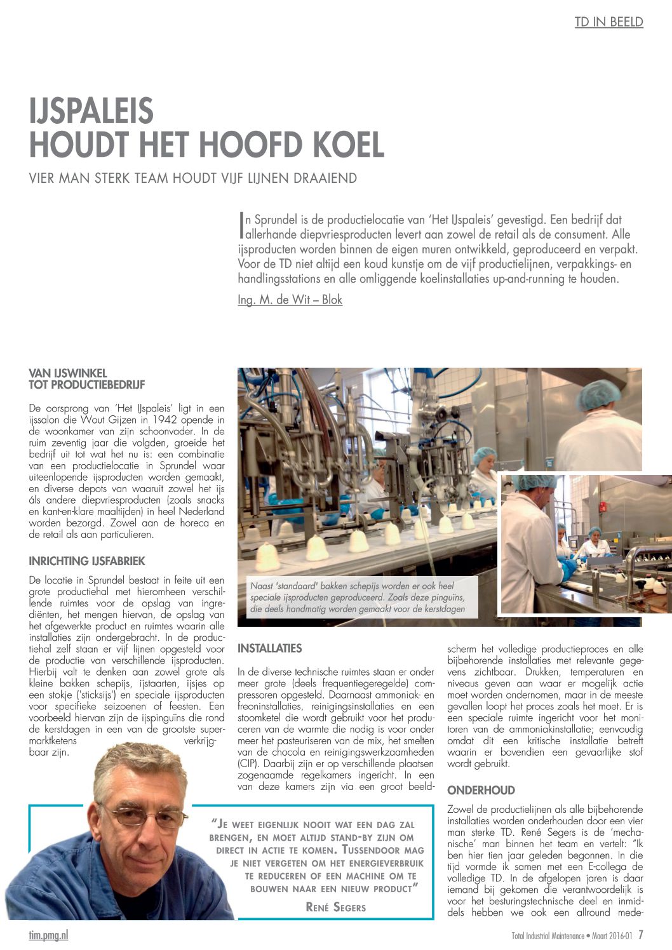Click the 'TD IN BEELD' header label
pos(608,22)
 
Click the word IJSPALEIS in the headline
pos(91,111)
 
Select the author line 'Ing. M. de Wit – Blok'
pos(290,300)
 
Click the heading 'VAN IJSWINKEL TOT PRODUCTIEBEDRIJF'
pos(87,378)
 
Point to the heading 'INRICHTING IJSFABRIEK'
pos(87,561)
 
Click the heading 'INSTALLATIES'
pos(269,648)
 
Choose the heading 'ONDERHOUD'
pos(481,791)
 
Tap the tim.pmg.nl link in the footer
pos(48,935)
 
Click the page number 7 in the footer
pos(641,935)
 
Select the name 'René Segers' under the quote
pos(335,907)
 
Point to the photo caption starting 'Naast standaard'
pos(358,598)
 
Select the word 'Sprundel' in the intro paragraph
pos(276,220)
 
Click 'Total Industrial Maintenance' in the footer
pos(548,935)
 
